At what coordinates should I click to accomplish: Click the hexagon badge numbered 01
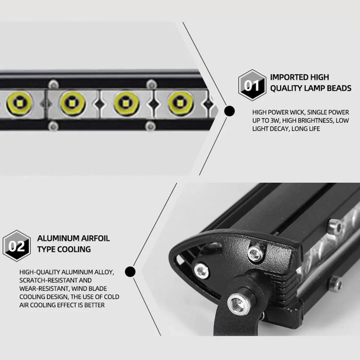pos(252,85)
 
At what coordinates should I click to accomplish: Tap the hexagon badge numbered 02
pos(17,246)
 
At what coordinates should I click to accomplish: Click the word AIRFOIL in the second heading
pos(95,238)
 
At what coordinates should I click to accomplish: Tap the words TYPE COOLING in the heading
pos(64,249)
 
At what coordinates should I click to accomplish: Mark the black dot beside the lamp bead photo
pos(229,111)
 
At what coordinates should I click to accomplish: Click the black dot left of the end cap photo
pos(130,272)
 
